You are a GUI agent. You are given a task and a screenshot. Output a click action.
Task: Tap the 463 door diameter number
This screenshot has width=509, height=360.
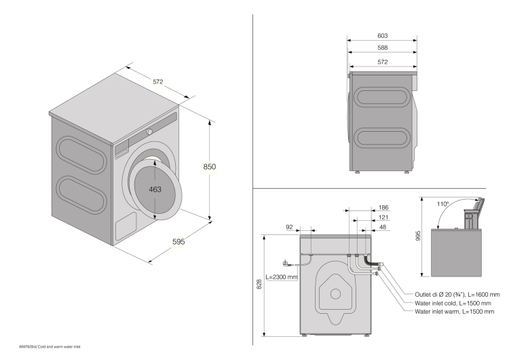point(155,190)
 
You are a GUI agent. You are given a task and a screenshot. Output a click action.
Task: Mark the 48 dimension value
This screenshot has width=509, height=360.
point(383,228)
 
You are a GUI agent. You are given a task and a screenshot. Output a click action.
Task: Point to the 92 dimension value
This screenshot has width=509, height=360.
point(290,227)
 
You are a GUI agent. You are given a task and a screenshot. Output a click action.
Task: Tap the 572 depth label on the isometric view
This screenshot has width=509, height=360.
point(157,82)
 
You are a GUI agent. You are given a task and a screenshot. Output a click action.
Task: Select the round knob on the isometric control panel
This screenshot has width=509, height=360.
point(150,131)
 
